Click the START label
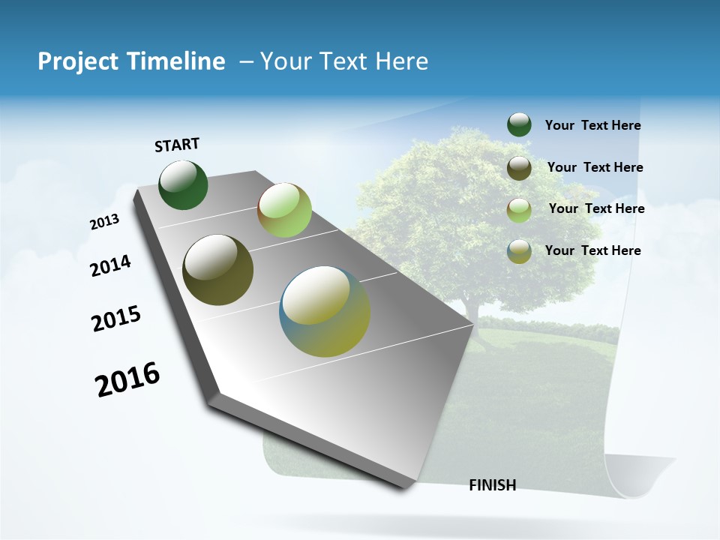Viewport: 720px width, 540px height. (177, 144)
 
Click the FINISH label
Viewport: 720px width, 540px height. (492, 485)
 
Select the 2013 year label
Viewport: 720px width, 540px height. (104, 222)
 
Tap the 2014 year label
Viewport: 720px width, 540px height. (110, 265)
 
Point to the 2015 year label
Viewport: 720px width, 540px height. (116, 319)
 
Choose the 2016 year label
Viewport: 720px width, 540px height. (127, 379)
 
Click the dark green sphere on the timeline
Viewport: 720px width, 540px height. (183, 185)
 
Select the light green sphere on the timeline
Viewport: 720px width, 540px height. (284, 210)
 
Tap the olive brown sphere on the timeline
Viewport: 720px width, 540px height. (217, 270)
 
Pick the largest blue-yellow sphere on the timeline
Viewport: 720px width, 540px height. (325, 311)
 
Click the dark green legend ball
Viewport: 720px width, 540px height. (519, 125)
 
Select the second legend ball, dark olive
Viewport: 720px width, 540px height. (519, 168)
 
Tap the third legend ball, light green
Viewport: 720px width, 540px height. (519, 210)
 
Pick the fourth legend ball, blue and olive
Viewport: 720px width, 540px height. (519, 251)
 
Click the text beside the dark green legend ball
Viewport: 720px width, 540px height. (592, 126)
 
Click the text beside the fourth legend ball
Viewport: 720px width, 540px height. (592, 250)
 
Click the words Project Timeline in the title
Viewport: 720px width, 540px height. (131, 61)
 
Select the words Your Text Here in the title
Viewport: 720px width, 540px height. (343, 61)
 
